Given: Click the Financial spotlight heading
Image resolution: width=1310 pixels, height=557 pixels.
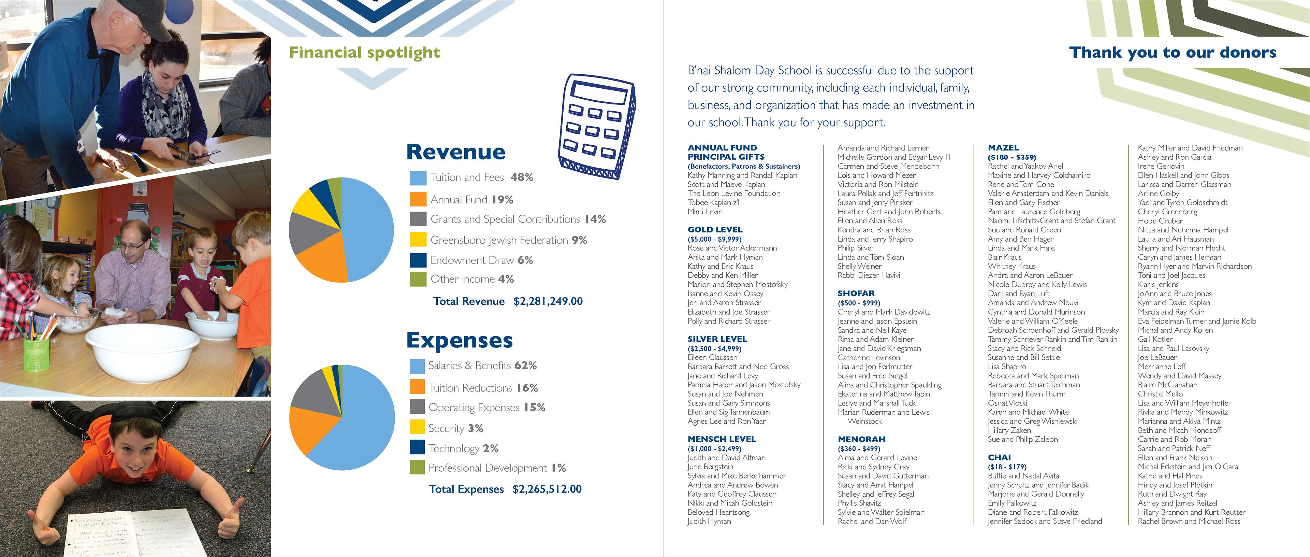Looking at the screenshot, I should [365, 53].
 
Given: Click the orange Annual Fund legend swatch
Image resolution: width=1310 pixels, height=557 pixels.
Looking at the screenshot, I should [418, 199].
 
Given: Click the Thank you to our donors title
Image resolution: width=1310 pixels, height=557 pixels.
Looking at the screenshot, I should [1172, 53].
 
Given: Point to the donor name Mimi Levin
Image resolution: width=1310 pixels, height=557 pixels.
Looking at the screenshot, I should [705, 212].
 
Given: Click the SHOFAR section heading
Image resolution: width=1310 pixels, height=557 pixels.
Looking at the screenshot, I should [856, 294].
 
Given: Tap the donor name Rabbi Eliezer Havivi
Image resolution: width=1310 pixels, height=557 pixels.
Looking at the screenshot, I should [869, 275].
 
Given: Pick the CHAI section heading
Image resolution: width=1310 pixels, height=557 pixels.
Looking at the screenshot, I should [999, 457].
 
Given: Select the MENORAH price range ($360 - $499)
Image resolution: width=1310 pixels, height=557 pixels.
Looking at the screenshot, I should [858, 449].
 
